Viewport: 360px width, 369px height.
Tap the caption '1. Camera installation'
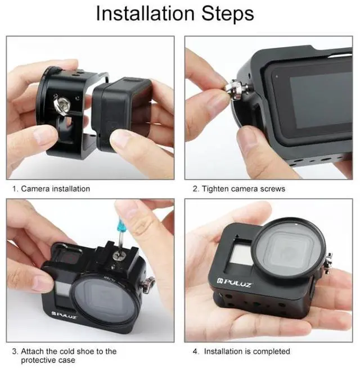click(x=51, y=189)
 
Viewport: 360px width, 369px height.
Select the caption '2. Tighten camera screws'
click(x=238, y=189)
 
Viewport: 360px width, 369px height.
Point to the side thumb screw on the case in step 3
click(x=150, y=284)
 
